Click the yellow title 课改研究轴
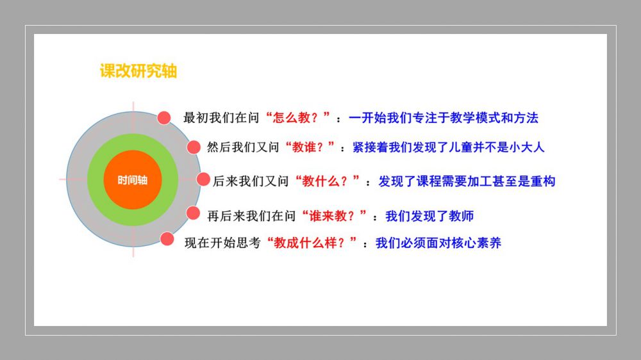pyautogui.click(x=138, y=70)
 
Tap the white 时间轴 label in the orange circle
pyautogui.click(x=133, y=180)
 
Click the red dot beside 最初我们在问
pyautogui.click(x=164, y=118)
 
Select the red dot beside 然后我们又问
pyautogui.click(x=194, y=147)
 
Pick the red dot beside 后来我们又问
pyautogui.click(x=203, y=179)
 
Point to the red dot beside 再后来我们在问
pyautogui.click(x=193, y=213)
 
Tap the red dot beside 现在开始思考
pyautogui.click(x=167, y=239)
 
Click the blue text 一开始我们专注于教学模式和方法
pyautogui.click(x=444, y=118)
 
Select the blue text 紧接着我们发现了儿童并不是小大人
pyautogui.click(x=449, y=147)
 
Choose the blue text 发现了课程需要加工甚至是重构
pyautogui.click(x=467, y=181)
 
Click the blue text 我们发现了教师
pyautogui.click(x=429, y=216)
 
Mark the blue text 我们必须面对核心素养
pyautogui.click(x=438, y=243)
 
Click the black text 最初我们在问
pyautogui.click(x=221, y=118)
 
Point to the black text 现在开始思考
pyautogui.click(x=222, y=243)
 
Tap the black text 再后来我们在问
pyautogui.click(x=251, y=216)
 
